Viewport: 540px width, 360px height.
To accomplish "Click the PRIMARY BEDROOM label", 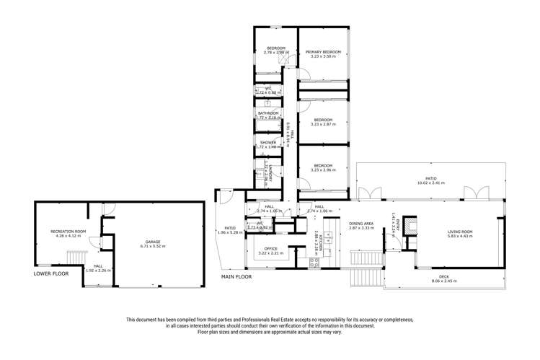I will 322,52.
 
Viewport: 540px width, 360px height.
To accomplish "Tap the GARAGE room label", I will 152,242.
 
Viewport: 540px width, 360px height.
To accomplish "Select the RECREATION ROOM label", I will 68,232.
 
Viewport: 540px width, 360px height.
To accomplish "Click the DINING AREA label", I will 360,224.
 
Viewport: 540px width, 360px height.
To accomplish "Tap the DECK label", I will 440,276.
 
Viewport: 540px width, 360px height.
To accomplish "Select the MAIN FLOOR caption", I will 239,276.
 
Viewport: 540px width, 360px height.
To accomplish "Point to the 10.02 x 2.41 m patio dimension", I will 430,183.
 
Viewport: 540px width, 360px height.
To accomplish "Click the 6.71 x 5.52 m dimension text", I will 152,247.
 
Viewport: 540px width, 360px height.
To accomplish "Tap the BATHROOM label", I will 269,113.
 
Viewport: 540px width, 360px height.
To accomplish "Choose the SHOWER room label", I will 269,143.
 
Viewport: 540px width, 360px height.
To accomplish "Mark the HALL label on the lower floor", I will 97,266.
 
